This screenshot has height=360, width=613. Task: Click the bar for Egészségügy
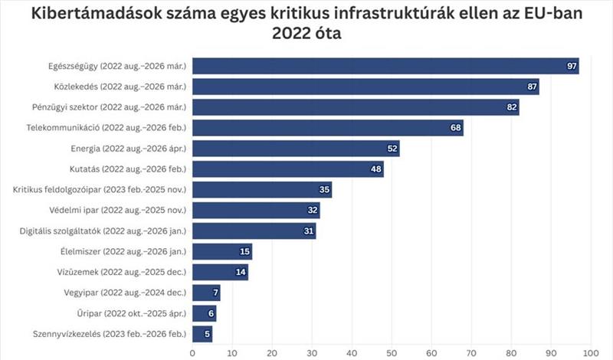point(383,66)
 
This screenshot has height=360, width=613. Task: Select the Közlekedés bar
point(364,87)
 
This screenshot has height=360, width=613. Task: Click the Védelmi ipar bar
point(255,210)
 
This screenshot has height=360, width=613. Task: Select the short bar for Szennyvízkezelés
point(202,333)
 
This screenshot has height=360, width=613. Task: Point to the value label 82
point(511,107)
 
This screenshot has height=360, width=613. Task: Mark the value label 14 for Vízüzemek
point(240,272)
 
